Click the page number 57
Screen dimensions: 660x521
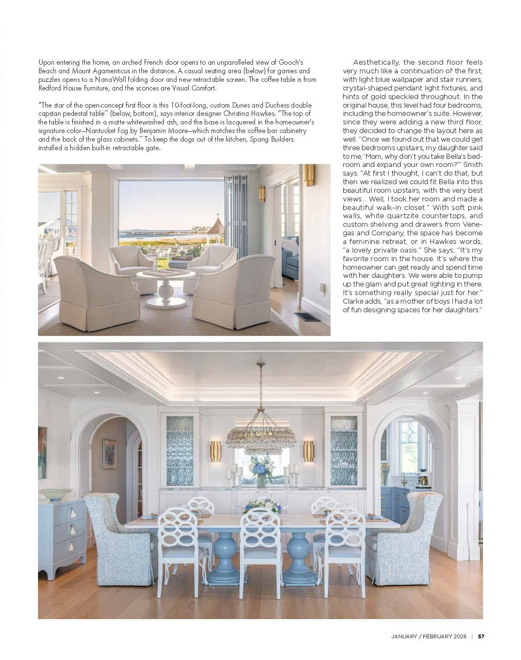(481, 636)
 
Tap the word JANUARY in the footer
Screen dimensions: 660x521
(404, 636)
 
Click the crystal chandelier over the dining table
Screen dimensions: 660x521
(259, 438)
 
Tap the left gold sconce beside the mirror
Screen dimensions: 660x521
(215, 451)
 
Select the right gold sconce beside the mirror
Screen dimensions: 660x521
(309, 451)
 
